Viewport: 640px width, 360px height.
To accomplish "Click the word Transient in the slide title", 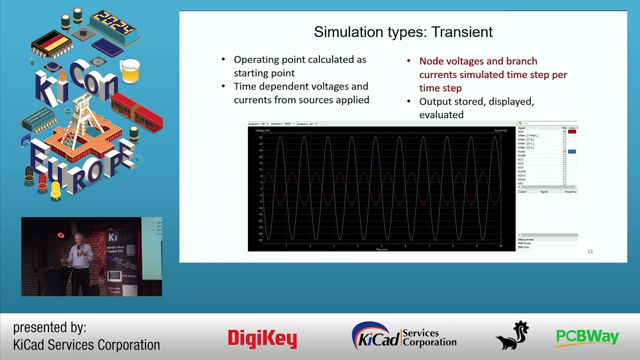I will click(x=462, y=32).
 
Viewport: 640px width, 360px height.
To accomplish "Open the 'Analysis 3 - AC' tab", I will click(x=305, y=123).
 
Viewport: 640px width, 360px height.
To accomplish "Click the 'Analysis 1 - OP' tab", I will click(x=256, y=123).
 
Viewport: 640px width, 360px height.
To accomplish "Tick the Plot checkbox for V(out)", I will click(x=564, y=151).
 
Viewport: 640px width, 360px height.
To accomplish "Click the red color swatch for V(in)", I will click(x=572, y=131).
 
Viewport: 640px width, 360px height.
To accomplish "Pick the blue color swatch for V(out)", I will click(x=572, y=151).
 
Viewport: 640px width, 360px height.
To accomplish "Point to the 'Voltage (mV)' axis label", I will click(x=262, y=130).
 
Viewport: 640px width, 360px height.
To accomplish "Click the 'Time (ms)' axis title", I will click(x=381, y=249).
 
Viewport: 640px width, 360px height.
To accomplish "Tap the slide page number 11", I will click(x=590, y=251).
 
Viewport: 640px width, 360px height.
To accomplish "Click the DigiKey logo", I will click(x=262, y=338).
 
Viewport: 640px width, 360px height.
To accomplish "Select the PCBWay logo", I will click(x=587, y=337).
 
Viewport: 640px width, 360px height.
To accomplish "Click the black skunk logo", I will click(x=512, y=335).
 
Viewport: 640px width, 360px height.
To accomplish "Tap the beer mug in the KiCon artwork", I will click(x=130, y=70).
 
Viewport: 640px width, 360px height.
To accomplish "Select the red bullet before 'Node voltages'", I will click(x=408, y=61).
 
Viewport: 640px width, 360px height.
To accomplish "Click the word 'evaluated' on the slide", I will click(x=441, y=114).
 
